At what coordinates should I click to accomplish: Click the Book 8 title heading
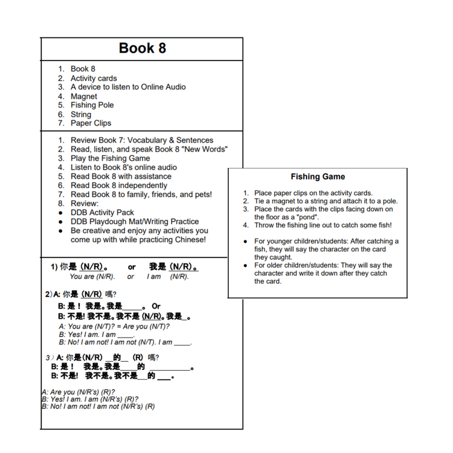tap(142, 48)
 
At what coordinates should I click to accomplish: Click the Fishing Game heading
tap(318, 177)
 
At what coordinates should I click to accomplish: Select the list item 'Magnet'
tap(83, 96)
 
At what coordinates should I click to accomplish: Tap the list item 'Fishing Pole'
tap(92, 105)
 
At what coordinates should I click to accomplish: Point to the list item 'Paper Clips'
tap(91, 123)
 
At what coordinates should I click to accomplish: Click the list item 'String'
tap(81, 114)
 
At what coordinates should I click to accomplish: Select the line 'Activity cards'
tap(94, 79)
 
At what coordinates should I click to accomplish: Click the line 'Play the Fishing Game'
tap(111, 158)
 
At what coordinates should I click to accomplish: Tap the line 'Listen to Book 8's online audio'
tap(124, 167)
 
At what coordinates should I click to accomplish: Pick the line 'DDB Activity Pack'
tap(102, 213)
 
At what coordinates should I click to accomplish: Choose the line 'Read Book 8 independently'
tap(119, 185)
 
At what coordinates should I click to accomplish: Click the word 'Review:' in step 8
tap(85, 204)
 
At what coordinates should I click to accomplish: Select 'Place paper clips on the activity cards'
tap(313, 193)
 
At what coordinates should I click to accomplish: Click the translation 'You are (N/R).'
tap(92, 277)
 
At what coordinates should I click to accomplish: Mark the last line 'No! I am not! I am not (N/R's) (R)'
tap(97, 406)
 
